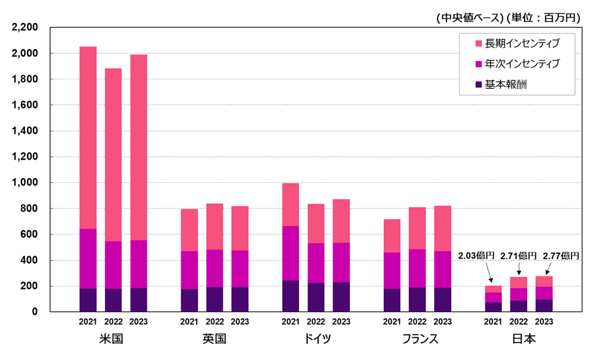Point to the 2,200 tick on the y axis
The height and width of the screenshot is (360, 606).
(x=25, y=28)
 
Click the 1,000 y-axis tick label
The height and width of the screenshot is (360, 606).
(x=25, y=182)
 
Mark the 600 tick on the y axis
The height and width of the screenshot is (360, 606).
(x=30, y=234)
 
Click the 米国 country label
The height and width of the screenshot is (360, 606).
(x=113, y=338)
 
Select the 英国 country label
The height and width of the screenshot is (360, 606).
(x=214, y=338)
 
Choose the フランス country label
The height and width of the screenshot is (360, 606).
(x=417, y=338)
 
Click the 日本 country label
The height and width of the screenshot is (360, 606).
(x=518, y=338)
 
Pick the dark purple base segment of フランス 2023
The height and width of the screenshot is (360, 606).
(x=442, y=299)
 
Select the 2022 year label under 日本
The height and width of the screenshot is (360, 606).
(x=518, y=322)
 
